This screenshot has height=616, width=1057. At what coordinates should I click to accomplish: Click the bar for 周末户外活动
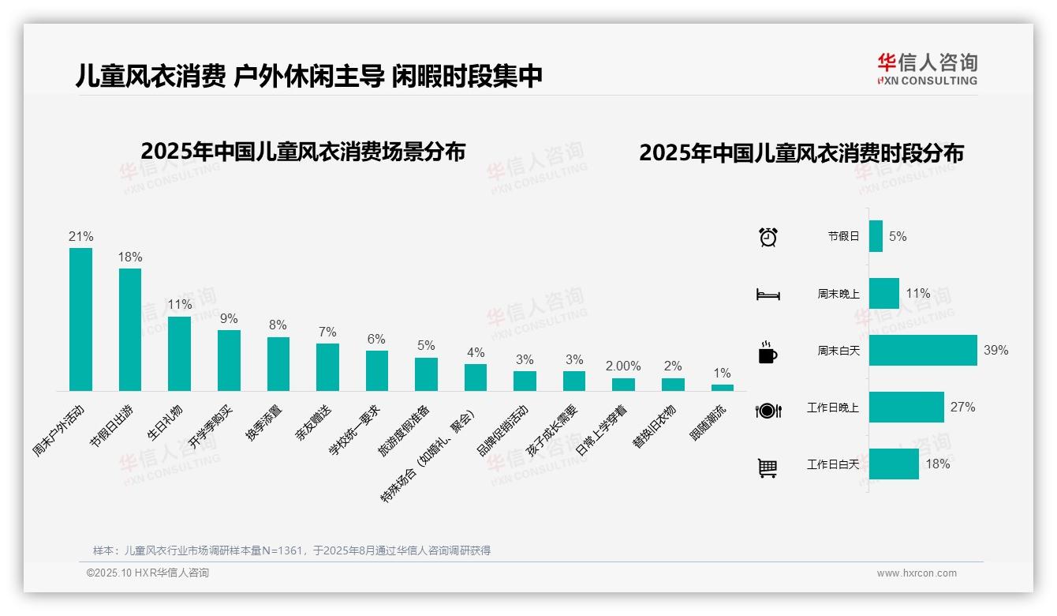(80, 319)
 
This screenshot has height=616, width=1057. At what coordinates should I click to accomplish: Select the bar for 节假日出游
(130, 329)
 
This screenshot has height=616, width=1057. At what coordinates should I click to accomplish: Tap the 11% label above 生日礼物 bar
(179, 305)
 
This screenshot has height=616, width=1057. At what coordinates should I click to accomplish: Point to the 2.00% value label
(623, 366)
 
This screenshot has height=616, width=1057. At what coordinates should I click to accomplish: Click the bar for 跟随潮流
(722, 388)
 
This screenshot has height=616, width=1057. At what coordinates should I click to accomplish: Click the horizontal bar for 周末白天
(923, 350)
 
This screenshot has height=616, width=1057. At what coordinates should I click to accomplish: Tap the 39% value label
(995, 350)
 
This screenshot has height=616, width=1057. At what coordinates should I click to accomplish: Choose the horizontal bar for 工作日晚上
(906, 407)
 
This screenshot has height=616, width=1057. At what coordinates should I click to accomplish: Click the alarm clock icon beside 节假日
(768, 237)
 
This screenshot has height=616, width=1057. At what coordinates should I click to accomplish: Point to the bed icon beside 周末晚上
(768, 295)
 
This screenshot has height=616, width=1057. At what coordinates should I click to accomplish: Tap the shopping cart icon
(768, 468)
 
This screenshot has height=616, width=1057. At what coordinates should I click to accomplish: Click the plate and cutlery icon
(768, 410)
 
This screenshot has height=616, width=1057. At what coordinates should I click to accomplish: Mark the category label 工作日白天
(832, 464)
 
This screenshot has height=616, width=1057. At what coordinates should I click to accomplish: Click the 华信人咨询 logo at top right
(927, 69)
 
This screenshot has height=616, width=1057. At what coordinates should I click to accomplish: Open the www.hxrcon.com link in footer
(917, 573)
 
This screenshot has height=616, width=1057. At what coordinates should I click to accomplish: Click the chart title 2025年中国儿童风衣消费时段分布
(801, 153)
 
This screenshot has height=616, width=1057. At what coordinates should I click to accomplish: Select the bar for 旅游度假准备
(426, 374)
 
